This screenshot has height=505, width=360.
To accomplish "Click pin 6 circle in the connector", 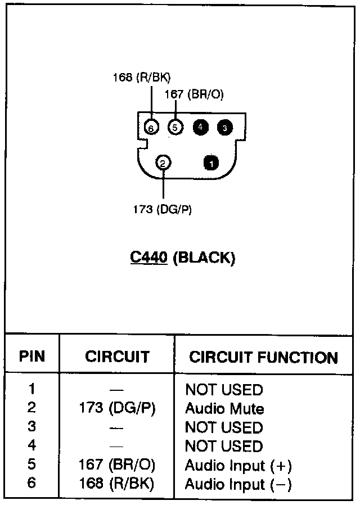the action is tap(151, 128).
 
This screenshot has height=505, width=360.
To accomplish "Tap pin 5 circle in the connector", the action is tap(175, 128).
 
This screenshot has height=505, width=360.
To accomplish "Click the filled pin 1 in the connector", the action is tap(211, 164).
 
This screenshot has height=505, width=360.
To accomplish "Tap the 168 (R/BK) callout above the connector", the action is tap(141, 78).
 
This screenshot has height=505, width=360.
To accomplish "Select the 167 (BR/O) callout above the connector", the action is tap(194, 94).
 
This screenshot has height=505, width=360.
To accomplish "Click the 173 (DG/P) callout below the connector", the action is tap(163, 210).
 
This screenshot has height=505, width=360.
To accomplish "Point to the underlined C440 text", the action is tap(148, 258).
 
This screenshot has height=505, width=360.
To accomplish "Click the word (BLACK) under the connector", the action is tap(203, 258).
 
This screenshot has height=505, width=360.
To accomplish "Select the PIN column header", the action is tap(31, 357).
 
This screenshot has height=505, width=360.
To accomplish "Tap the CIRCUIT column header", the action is tap(117, 357).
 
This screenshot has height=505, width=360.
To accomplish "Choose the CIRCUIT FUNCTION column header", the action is tap(263, 358).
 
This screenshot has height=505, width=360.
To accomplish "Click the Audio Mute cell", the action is tap(224, 408).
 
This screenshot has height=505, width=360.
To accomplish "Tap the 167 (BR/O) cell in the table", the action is tap(117, 466).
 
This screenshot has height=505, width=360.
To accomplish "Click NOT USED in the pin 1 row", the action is tap(224, 389).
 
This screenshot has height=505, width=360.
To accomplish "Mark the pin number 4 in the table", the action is tap(31, 447).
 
